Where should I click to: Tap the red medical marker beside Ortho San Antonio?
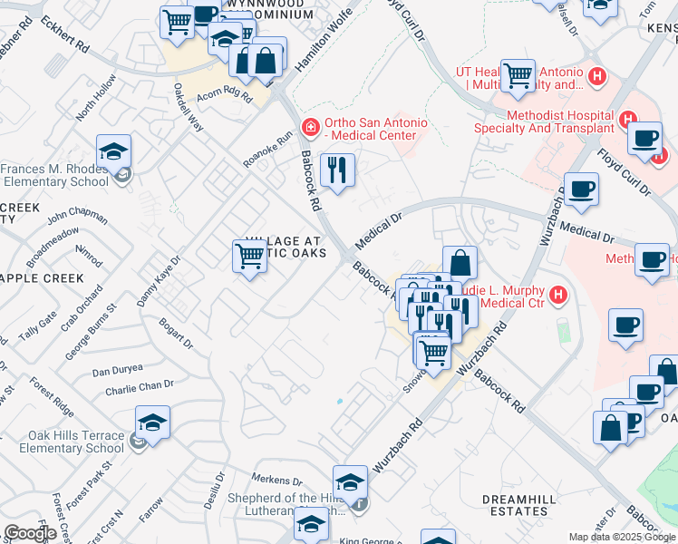(x=310, y=127)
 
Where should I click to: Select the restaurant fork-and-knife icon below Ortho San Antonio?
(x=338, y=170)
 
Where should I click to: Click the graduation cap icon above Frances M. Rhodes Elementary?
(x=113, y=151)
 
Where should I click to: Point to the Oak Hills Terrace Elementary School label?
(x=63, y=442)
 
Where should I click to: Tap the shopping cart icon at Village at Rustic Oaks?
(x=249, y=256)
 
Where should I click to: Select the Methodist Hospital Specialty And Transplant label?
(x=560, y=121)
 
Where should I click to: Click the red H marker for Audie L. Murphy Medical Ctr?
(x=558, y=295)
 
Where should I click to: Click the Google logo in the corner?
(x=30, y=533)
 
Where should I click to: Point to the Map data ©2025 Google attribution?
(x=622, y=537)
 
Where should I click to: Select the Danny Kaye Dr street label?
(x=160, y=279)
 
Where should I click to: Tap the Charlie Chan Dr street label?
(x=139, y=385)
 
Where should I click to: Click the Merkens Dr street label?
(x=270, y=479)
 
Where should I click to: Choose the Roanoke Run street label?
(x=268, y=150)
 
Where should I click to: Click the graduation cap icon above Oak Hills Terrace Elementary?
(x=152, y=422)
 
